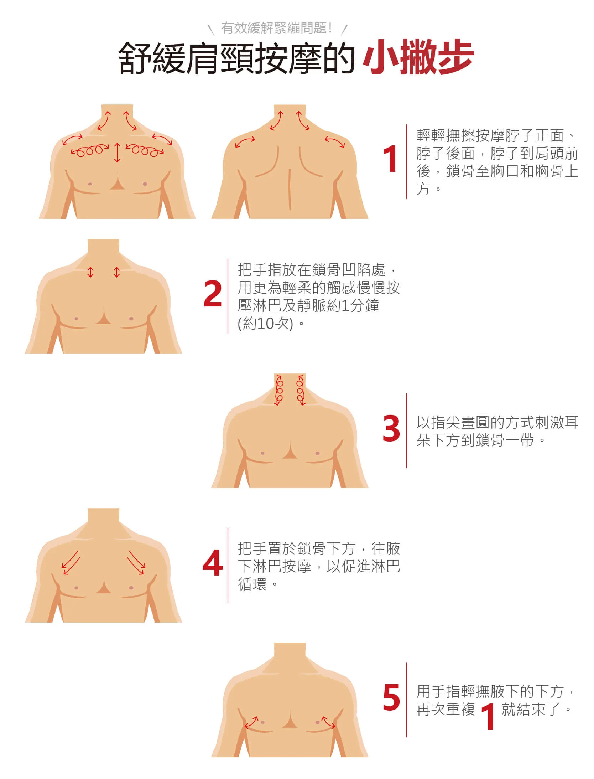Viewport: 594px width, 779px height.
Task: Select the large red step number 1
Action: pos(390,159)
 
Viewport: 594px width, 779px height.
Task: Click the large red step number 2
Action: pos(213,294)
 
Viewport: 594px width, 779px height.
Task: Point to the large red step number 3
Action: pos(391,428)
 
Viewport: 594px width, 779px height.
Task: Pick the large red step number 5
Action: pos(391,697)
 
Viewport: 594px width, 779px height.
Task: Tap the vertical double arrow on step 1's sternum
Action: pos(117,153)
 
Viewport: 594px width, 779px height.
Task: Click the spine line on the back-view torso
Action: pos(290,189)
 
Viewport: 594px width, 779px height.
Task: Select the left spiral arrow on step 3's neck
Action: pos(279,390)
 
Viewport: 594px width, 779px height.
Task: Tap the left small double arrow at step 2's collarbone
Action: pos(90,272)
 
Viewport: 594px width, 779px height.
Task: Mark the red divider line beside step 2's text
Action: pos(228,296)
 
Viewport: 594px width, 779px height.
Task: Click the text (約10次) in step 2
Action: pos(266,324)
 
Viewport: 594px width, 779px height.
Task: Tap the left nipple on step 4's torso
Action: pos(76,588)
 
